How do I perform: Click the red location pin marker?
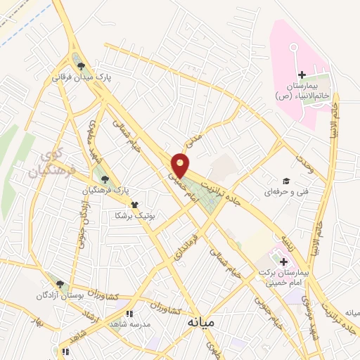181,165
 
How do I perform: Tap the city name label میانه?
202,322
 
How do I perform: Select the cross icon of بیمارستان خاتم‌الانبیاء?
302,75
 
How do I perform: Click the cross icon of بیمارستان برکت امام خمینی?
274,262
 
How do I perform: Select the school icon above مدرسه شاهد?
129,314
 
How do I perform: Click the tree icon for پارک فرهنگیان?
105,179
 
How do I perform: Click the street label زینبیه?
290,243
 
